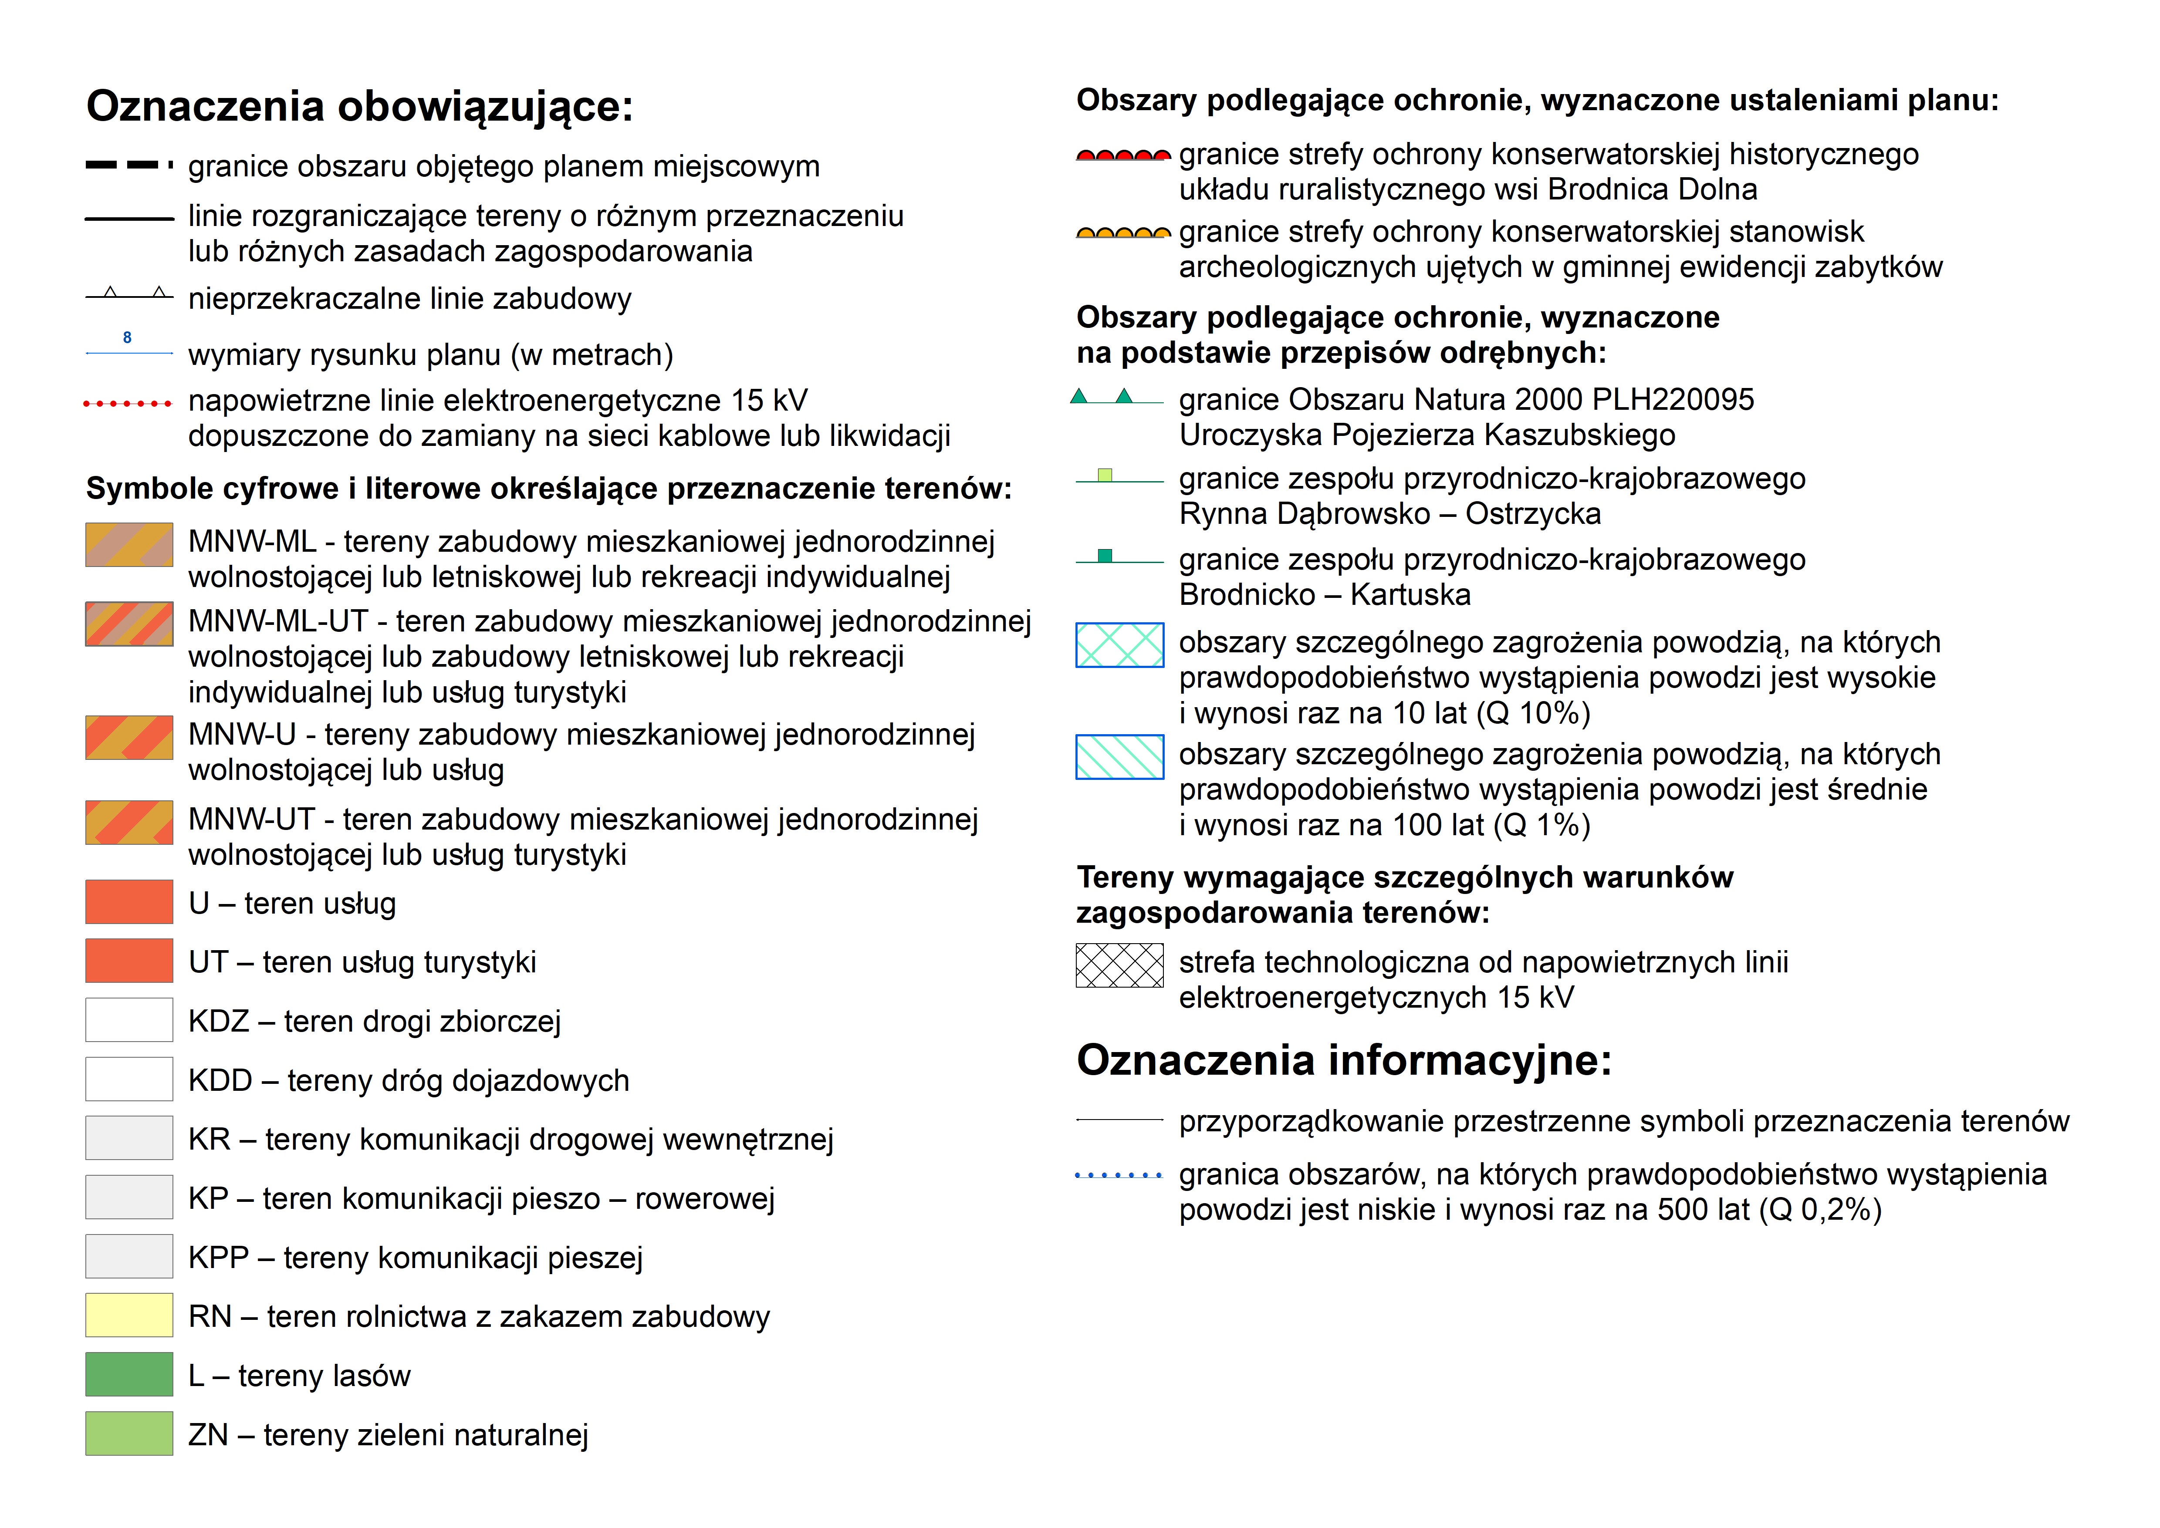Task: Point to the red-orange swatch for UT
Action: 129,961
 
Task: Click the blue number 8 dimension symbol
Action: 127,338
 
